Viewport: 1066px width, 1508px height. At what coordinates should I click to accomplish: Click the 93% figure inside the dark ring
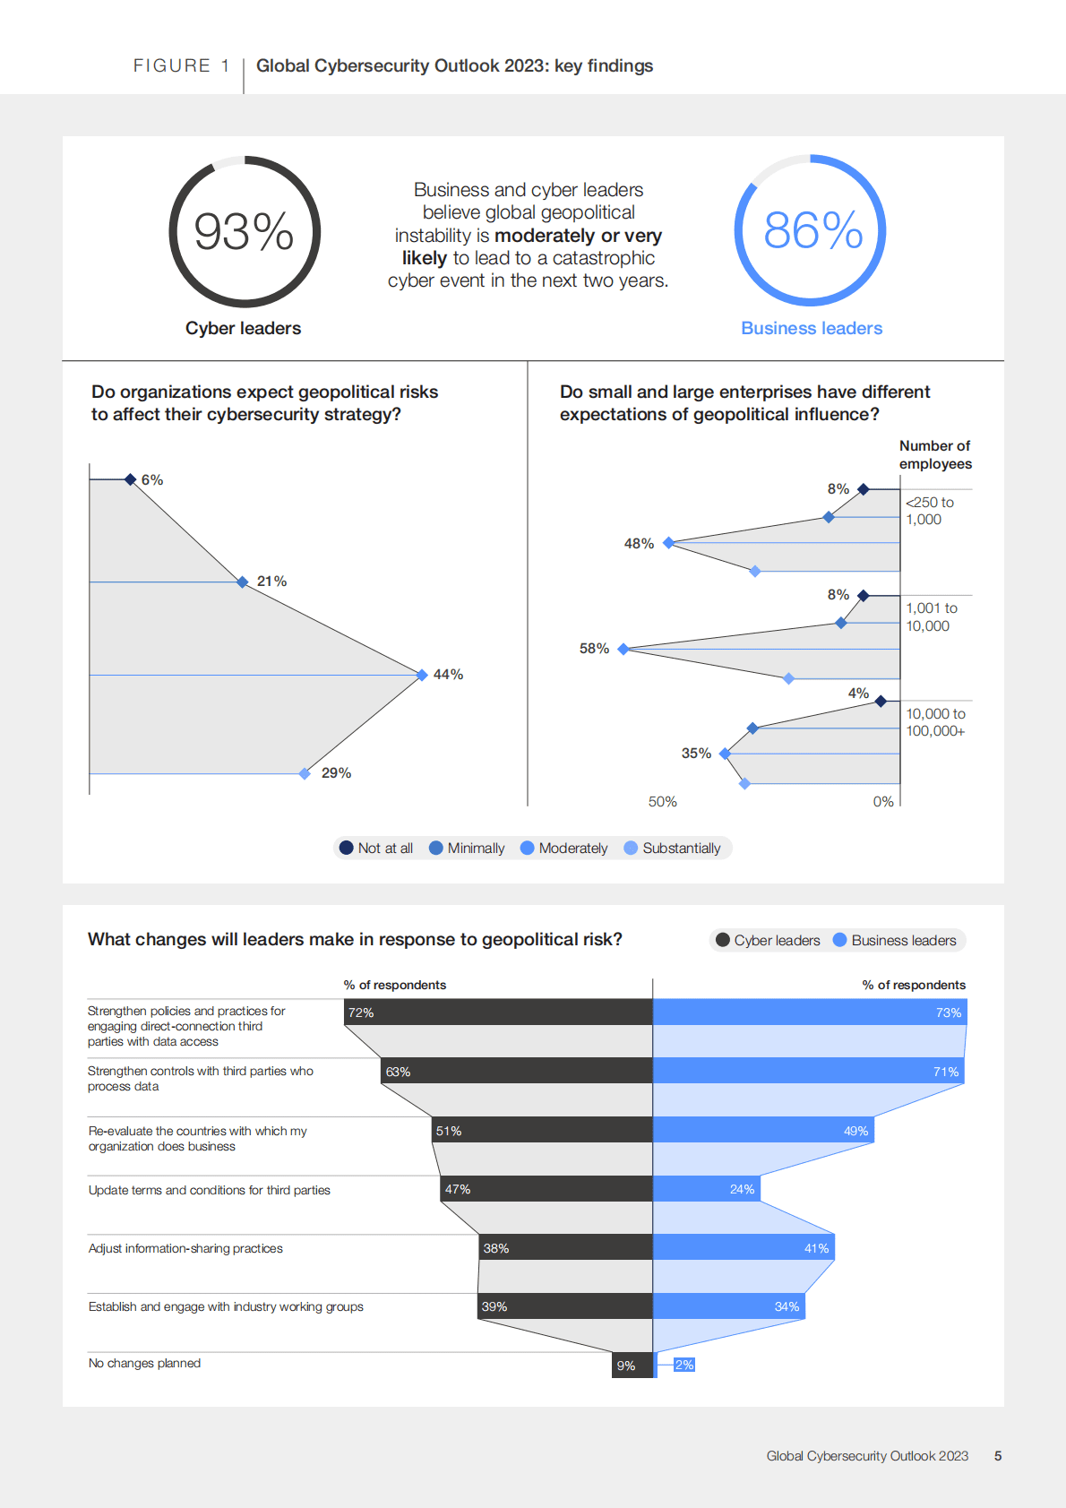pyautogui.click(x=244, y=231)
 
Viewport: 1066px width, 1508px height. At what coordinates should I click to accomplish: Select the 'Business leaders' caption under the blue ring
pyautogui.click(x=812, y=328)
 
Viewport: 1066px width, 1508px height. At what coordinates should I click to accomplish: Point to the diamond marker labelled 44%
pyautogui.click(x=422, y=675)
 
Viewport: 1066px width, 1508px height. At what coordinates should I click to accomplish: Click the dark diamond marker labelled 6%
pyautogui.click(x=131, y=479)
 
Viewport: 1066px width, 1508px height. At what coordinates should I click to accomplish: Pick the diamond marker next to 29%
pyautogui.click(x=305, y=773)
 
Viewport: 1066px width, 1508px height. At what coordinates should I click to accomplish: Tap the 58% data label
pyautogui.click(x=594, y=648)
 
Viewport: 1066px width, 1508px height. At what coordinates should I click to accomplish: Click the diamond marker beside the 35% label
pyautogui.click(x=725, y=754)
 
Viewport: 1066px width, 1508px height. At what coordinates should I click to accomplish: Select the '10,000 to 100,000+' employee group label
pyautogui.click(x=935, y=722)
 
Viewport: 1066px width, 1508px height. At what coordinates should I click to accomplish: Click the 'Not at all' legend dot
pyautogui.click(x=347, y=848)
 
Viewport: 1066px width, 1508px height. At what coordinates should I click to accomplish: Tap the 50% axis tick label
pyautogui.click(x=663, y=801)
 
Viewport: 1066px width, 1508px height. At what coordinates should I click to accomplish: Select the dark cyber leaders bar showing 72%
pyautogui.click(x=498, y=1013)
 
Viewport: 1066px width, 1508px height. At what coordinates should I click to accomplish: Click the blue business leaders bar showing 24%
pyautogui.click(x=706, y=1189)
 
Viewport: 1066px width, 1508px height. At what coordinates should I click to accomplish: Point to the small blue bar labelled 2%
pyautogui.click(x=683, y=1365)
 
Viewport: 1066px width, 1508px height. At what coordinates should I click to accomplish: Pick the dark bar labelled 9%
pyautogui.click(x=632, y=1365)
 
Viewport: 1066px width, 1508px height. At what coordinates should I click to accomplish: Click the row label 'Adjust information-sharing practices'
pyautogui.click(x=185, y=1248)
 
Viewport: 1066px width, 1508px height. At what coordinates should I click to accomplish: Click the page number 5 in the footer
pyautogui.click(x=998, y=1456)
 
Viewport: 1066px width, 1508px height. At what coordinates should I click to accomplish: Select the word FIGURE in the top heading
pyautogui.click(x=172, y=65)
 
